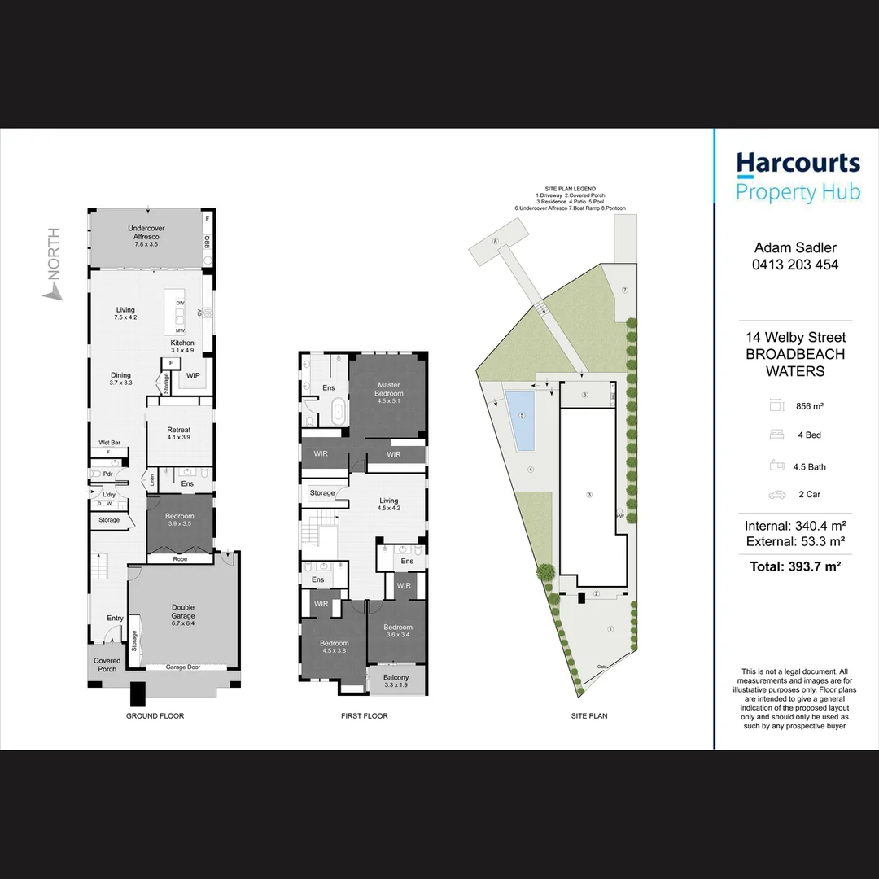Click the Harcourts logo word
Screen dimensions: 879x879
click(x=798, y=164)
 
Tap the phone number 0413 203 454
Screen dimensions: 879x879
click(x=796, y=265)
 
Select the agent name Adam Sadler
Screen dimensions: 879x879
click(x=796, y=247)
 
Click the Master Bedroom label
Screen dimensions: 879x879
click(x=389, y=389)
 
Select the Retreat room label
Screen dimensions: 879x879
click(x=179, y=430)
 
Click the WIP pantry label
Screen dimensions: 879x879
click(x=193, y=375)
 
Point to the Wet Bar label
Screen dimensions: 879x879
click(x=109, y=443)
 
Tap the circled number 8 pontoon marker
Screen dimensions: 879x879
click(x=494, y=241)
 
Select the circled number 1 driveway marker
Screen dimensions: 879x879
click(x=610, y=628)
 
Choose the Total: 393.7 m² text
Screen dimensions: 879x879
click(x=795, y=566)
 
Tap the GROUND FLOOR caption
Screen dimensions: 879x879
click(x=155, y=716)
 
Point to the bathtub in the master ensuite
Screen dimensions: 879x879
click(x=338, y=413)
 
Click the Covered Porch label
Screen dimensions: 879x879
click(x=107, y=665)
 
